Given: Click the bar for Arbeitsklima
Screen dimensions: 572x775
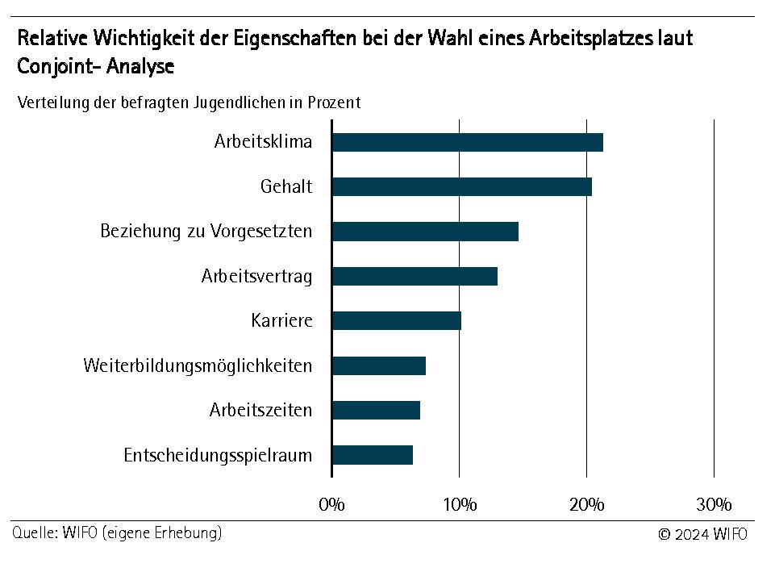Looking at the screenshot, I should [468, 142].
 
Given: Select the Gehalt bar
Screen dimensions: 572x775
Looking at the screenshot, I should [462, 186].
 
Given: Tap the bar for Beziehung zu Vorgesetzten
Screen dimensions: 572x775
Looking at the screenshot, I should [425, 232].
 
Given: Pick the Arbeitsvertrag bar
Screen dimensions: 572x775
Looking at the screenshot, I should [415, 276].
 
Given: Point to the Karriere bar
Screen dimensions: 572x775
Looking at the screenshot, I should [397, 320].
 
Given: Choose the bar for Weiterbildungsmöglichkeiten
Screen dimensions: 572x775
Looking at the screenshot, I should [379, 365].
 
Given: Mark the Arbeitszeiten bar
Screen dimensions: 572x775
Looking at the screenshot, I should [376, 410].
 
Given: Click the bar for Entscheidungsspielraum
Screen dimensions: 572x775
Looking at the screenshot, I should [373, 455].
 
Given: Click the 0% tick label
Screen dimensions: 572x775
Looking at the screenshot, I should [331, 505].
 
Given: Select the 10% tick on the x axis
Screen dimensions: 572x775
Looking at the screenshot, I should [459, 505].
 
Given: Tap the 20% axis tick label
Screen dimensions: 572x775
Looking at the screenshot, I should [586, 505].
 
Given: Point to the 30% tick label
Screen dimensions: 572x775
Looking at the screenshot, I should [714, 505].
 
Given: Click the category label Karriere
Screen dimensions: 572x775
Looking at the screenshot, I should [281, 320].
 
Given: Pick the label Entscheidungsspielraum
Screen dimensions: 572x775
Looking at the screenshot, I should [218, 455].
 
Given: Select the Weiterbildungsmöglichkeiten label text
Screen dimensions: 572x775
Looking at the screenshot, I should [198, 365].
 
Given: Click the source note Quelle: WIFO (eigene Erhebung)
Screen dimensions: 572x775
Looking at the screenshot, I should [117, 533].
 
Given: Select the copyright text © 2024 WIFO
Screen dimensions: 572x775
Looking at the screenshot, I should [702, 534].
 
